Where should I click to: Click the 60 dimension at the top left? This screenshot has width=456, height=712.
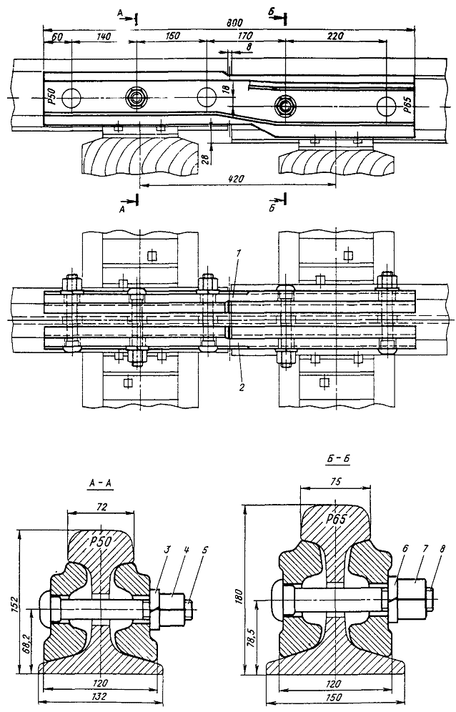tap(57, 34)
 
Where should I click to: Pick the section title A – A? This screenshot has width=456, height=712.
tap(100, 484)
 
